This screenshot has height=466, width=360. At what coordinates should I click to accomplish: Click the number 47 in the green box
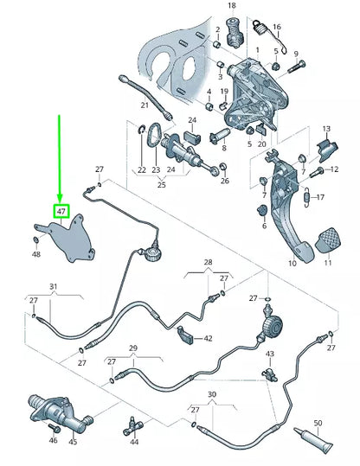(x=61, y=211)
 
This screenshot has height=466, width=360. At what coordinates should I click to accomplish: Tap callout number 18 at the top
(x=231, y=6)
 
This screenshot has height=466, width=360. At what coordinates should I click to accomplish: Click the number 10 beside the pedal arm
(x=292, y=262)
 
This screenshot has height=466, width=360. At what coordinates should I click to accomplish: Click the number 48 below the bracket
(x=36, y=254)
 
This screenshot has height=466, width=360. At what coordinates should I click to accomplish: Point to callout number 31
(x=53, y=286)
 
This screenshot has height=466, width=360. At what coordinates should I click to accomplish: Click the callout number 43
(x=269, y=354)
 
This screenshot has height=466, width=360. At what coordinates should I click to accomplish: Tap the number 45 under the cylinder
(x=73, y=442)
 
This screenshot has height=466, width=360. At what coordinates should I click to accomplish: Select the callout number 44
(x=134, y=442)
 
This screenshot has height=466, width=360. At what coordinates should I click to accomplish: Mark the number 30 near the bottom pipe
(x=213, y=393)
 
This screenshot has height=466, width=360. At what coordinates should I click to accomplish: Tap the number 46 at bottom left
(x=53, y=441)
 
